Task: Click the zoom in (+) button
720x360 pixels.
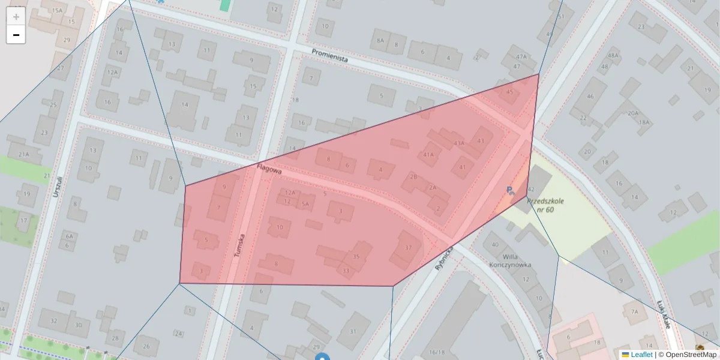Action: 16,17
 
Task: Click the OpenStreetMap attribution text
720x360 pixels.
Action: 691,355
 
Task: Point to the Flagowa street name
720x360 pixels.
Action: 269,170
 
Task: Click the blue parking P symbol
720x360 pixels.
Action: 510,191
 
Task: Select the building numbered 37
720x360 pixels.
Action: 409,248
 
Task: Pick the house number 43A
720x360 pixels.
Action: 459,143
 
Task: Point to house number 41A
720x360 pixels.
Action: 428,154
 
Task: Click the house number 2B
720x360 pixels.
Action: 413,176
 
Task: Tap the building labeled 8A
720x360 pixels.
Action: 380,40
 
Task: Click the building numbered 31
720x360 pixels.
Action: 353,331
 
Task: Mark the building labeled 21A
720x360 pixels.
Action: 23,154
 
